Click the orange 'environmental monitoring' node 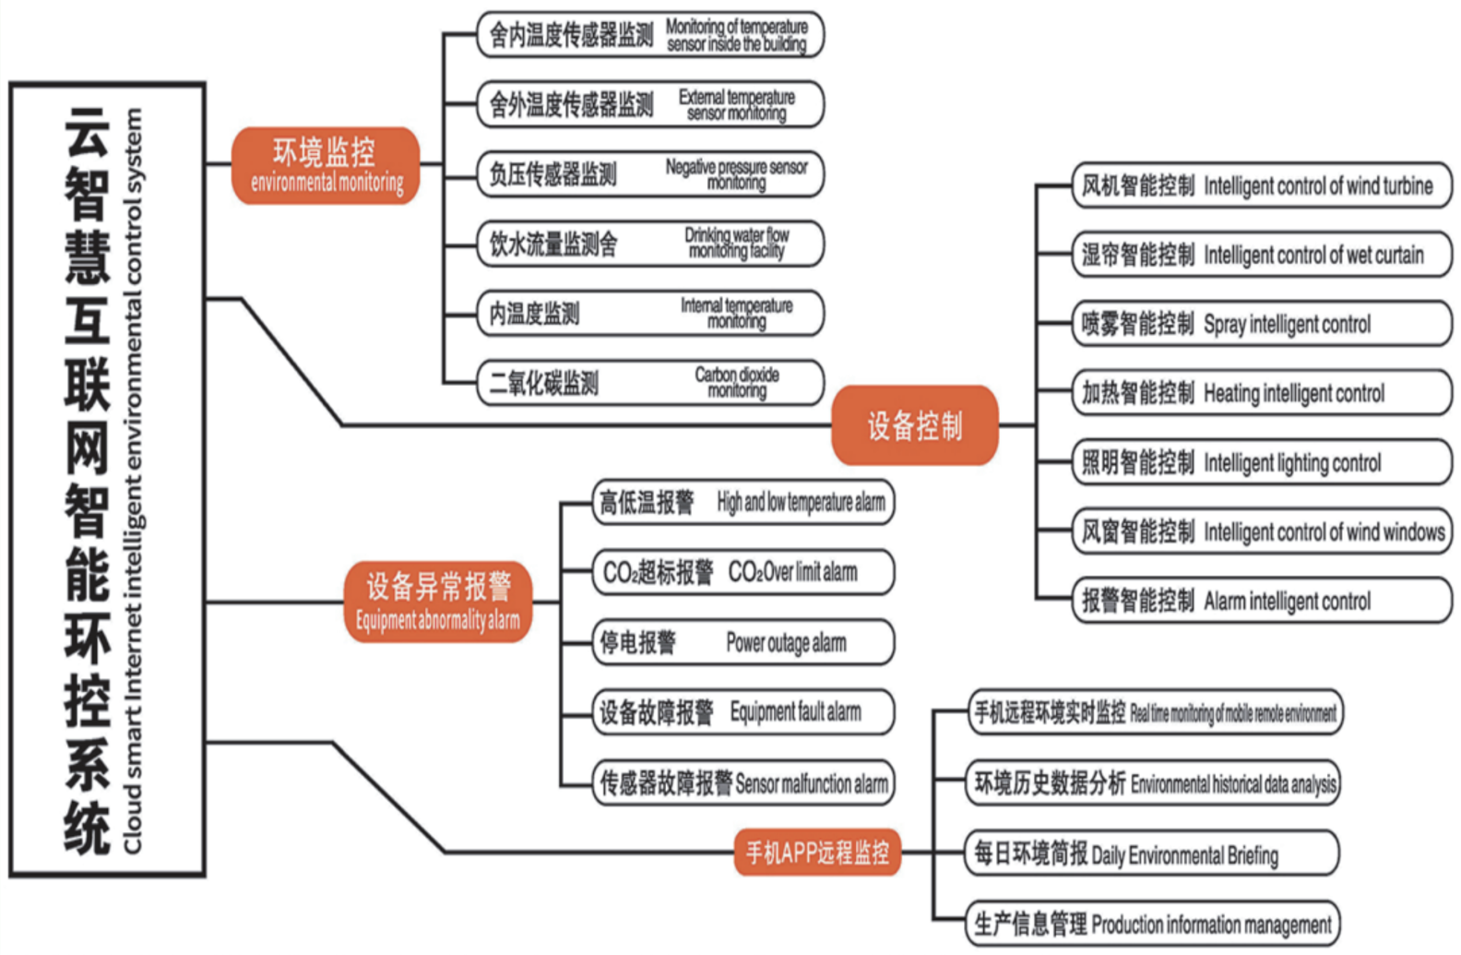[x=326, y=166]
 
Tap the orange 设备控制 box [x=914, y=425]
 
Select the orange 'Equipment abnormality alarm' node [x=437, y=602]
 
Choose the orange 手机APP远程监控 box [x=817, y=852]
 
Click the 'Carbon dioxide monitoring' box [x=650, y=383]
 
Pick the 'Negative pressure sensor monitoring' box [x=650, y=174]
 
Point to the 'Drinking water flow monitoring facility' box [x=650, y=244]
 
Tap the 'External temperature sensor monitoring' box [x=650, y=104]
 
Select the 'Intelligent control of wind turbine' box [x=1262, y=185]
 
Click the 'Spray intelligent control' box [x=1262, y=324]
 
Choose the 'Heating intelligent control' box [x=1262, y=393]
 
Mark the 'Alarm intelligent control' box [x=1262, y=601]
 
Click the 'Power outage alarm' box [x=742, y=642]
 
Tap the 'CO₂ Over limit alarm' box [x=742, y=572]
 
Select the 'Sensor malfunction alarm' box [x=742, y=782]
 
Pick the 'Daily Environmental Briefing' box [x=1153, y=854]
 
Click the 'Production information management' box [x=1153, y=924]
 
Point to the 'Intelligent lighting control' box [x=1262, y=462]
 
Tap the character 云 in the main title [x=88, y=133]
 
